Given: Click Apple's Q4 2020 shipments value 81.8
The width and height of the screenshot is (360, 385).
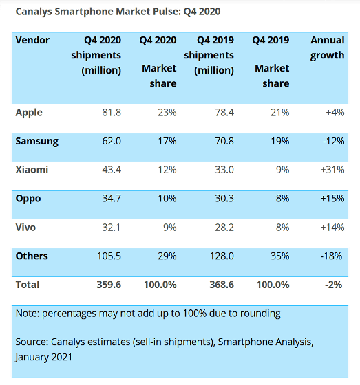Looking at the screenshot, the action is click(112, 113).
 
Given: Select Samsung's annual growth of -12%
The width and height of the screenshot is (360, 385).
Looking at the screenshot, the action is click(333, 141).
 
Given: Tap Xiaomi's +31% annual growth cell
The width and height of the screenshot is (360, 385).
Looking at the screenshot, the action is click(332, 170).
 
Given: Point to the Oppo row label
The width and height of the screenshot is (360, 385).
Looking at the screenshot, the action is click(28, 199).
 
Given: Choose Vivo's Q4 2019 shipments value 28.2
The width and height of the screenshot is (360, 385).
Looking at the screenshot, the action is click(224, 228).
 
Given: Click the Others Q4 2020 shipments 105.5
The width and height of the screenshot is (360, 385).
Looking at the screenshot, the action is click(109, 256).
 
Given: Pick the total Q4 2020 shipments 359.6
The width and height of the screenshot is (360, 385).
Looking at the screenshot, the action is click(109, 285).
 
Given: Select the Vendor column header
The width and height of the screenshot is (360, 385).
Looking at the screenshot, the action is click(32, 40).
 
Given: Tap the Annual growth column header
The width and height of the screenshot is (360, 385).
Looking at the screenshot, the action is click(327, 47).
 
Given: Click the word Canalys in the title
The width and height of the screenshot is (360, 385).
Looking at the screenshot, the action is click(34, 12).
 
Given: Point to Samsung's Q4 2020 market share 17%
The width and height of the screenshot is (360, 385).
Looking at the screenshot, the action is click(167, 141).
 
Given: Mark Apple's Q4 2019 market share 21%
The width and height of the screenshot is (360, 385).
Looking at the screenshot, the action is click(280, 113).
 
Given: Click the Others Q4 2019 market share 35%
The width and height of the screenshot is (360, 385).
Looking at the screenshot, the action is click(280, 256).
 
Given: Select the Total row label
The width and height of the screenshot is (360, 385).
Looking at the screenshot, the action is click(28, 285).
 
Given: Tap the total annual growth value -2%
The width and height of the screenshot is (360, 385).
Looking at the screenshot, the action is click(333, 285).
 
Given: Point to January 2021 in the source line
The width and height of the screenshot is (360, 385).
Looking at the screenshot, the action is click(44, 357).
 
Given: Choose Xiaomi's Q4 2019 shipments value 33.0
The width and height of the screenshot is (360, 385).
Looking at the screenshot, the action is click(224, 170).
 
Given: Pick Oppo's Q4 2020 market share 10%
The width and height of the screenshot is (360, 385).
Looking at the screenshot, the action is click(167, 199).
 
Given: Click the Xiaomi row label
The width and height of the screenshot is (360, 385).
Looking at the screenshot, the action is click(32, 170).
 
